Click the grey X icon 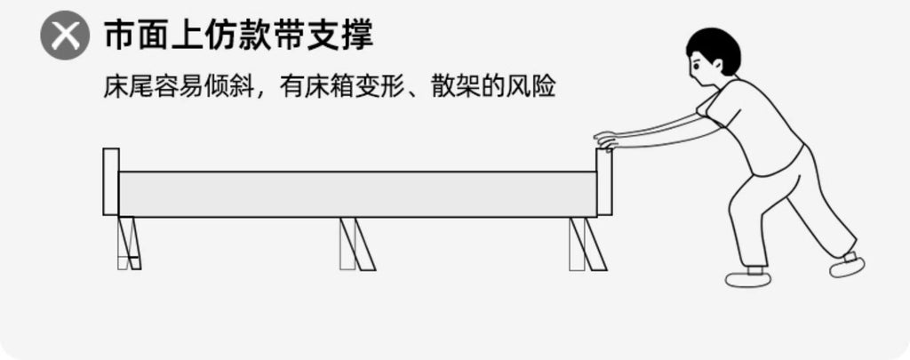(65, 36)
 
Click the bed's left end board (111, 181)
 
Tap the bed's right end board (604, 181)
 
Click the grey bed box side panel (357, 194)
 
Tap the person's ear (718, 64)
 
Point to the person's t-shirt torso (754, 124)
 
